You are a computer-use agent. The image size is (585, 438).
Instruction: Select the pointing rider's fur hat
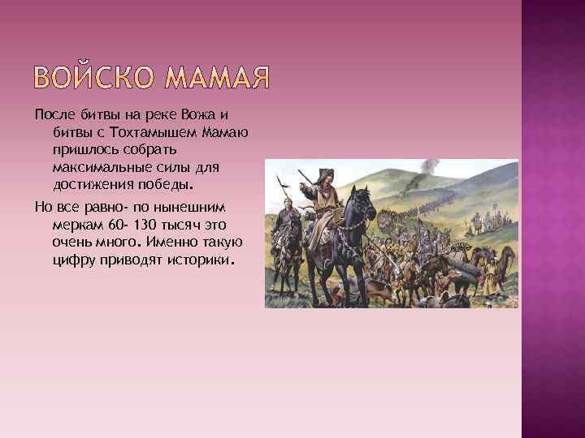click(324, 172)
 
